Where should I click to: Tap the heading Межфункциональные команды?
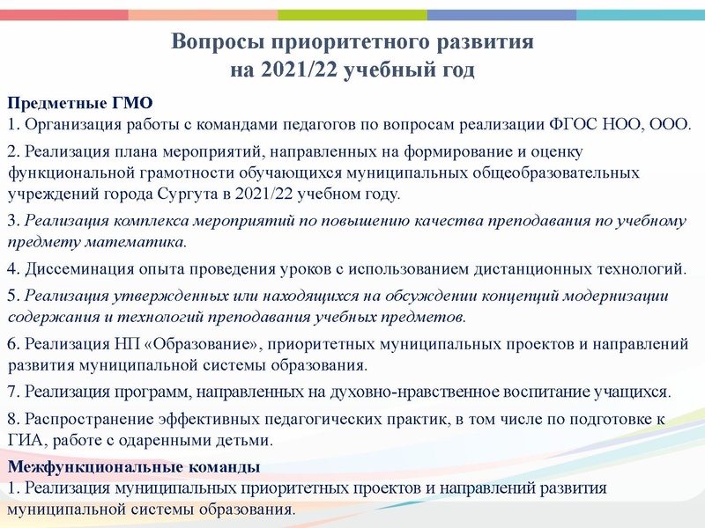pos(133,466)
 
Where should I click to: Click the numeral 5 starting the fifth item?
pos(11,295)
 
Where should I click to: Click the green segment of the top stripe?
pos(352,14)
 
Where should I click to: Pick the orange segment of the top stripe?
pos(203,14)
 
